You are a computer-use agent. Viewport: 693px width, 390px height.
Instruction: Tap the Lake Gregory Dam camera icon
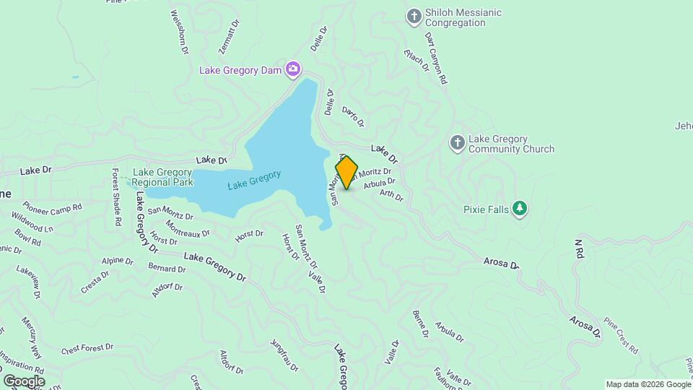(293, 69)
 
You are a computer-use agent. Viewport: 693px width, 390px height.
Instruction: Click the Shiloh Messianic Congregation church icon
(414, 17)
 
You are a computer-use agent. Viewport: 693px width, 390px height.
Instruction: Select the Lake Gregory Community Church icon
(457, 143)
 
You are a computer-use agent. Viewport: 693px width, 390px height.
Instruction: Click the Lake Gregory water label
(254, 179)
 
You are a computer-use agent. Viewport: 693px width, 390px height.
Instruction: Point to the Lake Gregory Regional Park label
(162, 177)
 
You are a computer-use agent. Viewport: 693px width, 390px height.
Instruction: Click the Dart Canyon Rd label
(436, 58)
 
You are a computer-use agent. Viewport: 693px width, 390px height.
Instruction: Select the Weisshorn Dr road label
(179, 33)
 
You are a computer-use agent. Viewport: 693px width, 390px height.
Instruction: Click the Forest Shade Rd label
(115, 198)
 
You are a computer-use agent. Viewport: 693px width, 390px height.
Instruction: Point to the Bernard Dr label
(167, 269)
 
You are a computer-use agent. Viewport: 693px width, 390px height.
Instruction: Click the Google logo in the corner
(24, 381)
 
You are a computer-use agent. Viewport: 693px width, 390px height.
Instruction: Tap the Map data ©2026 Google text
(648, 384)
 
